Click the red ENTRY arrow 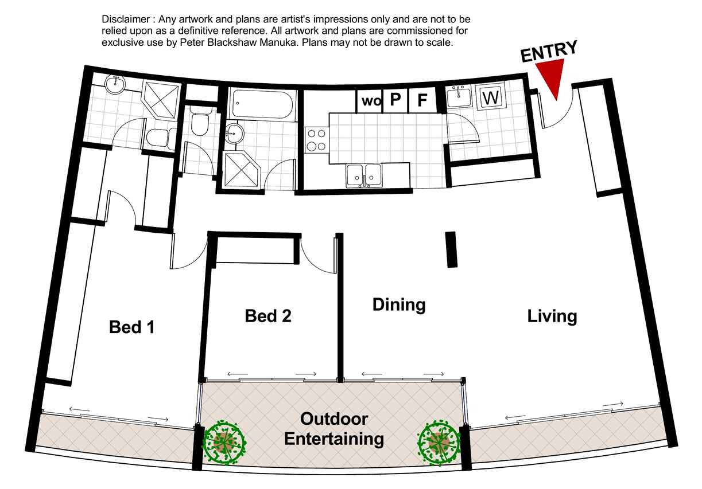(x=550, y=77)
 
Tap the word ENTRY (x=548, y=52)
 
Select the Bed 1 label (x=132, y=327)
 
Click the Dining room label (x=399, y=305)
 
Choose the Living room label (x=552, y=316)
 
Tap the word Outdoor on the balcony (x=333, y=418)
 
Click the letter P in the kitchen (x=395, y=99)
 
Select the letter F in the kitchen (x=422, y=100)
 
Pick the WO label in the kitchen (x=372, y=101)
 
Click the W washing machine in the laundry (x=491, y=97)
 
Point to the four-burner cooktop (x=316, y=140)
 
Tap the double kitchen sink (x=364, y=176)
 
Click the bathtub (x=262, y=104)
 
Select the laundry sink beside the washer (x=458, y=97)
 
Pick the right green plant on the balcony (x=439, y=441)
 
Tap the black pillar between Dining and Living (x=451, y=249)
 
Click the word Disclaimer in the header (x=126, y=19)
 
